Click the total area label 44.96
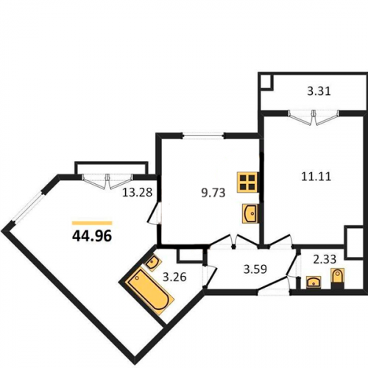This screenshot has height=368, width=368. click(92, 236)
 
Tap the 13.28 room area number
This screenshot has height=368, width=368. click(138, 192)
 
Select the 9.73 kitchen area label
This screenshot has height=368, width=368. click(213, 193)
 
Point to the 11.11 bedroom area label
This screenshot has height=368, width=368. click(316, 177)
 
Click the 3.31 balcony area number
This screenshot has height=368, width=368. click(319, 91)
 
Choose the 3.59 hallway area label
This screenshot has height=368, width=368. click(255, 269)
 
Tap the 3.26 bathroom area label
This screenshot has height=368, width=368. click(175, 277)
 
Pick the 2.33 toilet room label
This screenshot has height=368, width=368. click(325, 259)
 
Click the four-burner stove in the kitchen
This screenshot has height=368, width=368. click(247, 182)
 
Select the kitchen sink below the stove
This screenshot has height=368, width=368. click(250, 213)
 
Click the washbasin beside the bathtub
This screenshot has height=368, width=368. click(153, 263)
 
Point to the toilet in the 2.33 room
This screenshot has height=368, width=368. click(338, 278)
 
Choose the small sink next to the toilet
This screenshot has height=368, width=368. click(314, 282)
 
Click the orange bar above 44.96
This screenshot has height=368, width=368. click(92, 223)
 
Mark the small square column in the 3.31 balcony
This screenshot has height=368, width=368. click(266, 82)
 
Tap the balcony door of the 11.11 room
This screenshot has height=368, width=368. click(314, 117)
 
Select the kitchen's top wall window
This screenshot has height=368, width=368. click(203, 135)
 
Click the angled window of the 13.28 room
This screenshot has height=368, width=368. click(28, 207)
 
